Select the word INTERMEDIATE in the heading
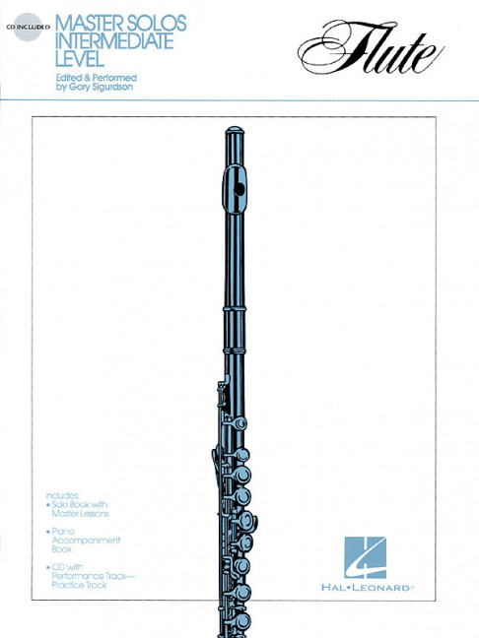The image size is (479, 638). coord(115,41)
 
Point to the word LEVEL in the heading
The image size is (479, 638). coord(80,59)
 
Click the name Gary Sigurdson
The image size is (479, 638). coord(101,87)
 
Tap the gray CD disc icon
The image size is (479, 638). coord(28,27)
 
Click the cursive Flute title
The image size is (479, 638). coord(371,48)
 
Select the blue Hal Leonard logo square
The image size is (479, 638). coord(365,557)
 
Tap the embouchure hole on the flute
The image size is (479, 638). coord(239,189)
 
